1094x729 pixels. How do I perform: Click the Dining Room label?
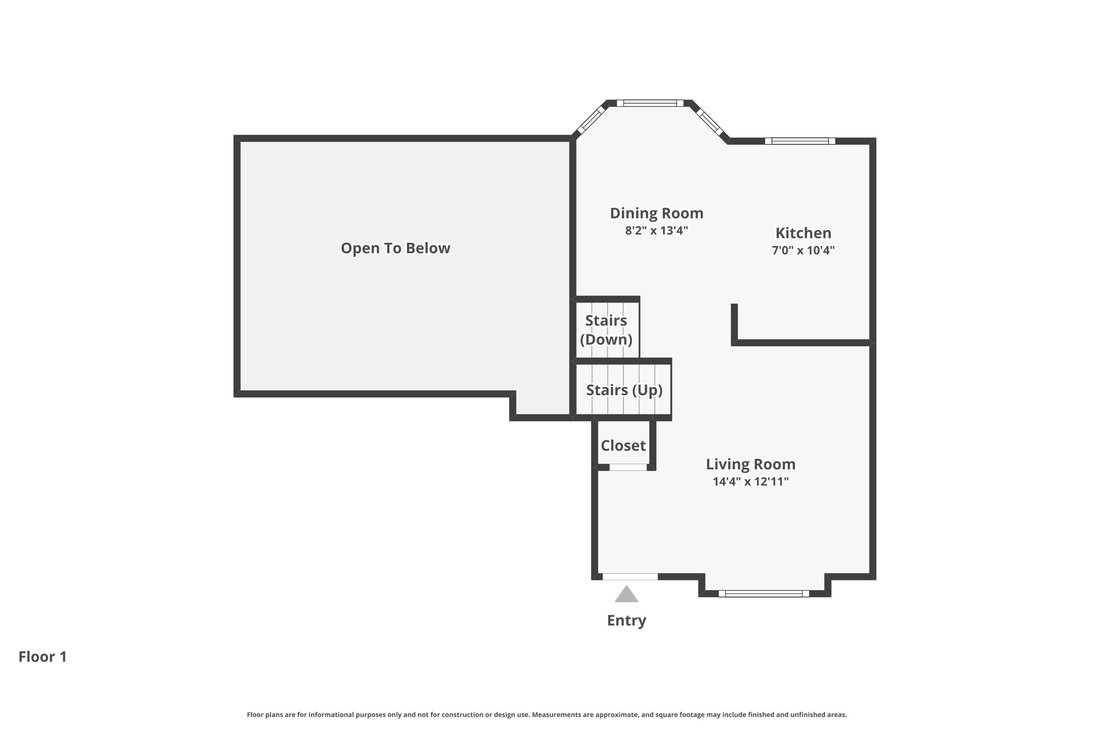tap(657, 213)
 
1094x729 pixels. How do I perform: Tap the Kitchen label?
tap(803, 233)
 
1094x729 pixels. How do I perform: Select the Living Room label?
tap(751, 464)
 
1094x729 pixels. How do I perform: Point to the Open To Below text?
tap(395, 248)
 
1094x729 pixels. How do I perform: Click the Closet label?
tap(623, 445)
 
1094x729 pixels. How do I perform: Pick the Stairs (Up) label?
tap(624, 390)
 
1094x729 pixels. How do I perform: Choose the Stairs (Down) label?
tap(606, 330)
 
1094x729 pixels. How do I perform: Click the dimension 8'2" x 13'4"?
tap(657, 231)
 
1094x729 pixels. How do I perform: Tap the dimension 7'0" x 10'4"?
tap(803, 250)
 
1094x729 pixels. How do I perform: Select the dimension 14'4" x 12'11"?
tap(751, 482)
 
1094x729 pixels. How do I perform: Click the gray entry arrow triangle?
tap(626, 595)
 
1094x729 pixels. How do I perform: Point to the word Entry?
tap(626, 621)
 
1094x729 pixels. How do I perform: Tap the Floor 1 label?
tap(43, 657)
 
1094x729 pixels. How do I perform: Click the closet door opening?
tap(628, 467)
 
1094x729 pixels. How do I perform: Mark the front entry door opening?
tap(630, 577)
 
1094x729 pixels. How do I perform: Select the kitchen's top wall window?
tap(800, 141)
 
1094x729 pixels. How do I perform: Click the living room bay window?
tap(764, 593)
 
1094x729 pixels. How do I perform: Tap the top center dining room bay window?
tap(650, 103)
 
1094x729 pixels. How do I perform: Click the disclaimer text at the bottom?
tap(546, 715)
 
